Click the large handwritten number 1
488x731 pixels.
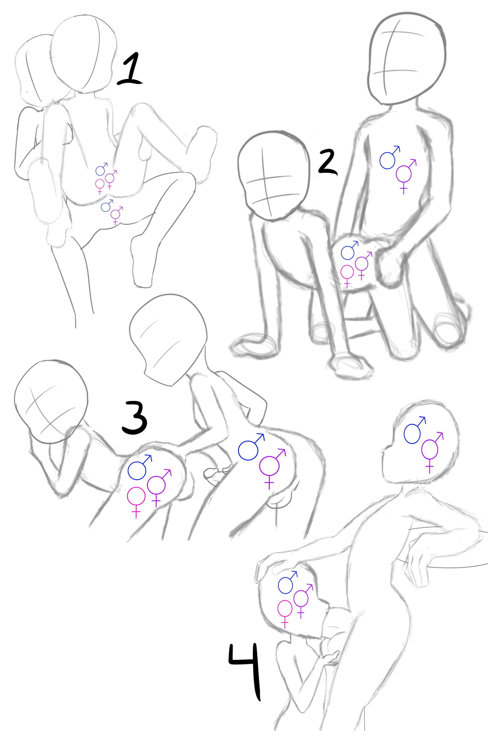[x=131, y=70]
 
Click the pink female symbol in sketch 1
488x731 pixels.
[x=100, y=186]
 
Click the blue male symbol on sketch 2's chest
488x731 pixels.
[x=389, y=158]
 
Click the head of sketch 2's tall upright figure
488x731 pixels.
[x=407, y=58]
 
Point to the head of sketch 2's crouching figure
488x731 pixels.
[x=274, y=176]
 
